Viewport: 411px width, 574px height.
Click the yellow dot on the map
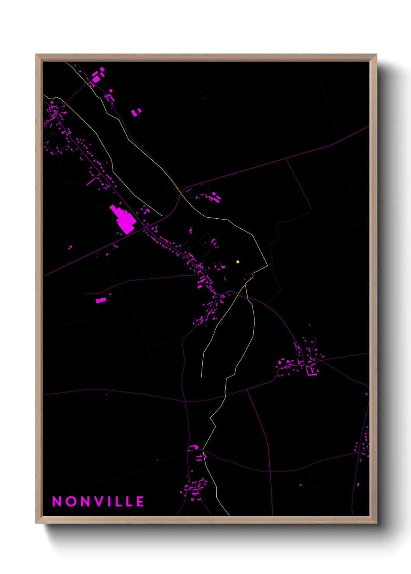[238, 262]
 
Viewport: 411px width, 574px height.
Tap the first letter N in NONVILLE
[57, 501]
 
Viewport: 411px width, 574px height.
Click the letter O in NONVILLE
[71, 501]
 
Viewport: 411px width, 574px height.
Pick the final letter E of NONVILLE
[140, 501]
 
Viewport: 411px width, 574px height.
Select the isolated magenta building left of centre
[101, 300]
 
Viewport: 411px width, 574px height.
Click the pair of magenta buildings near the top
[136, 112]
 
